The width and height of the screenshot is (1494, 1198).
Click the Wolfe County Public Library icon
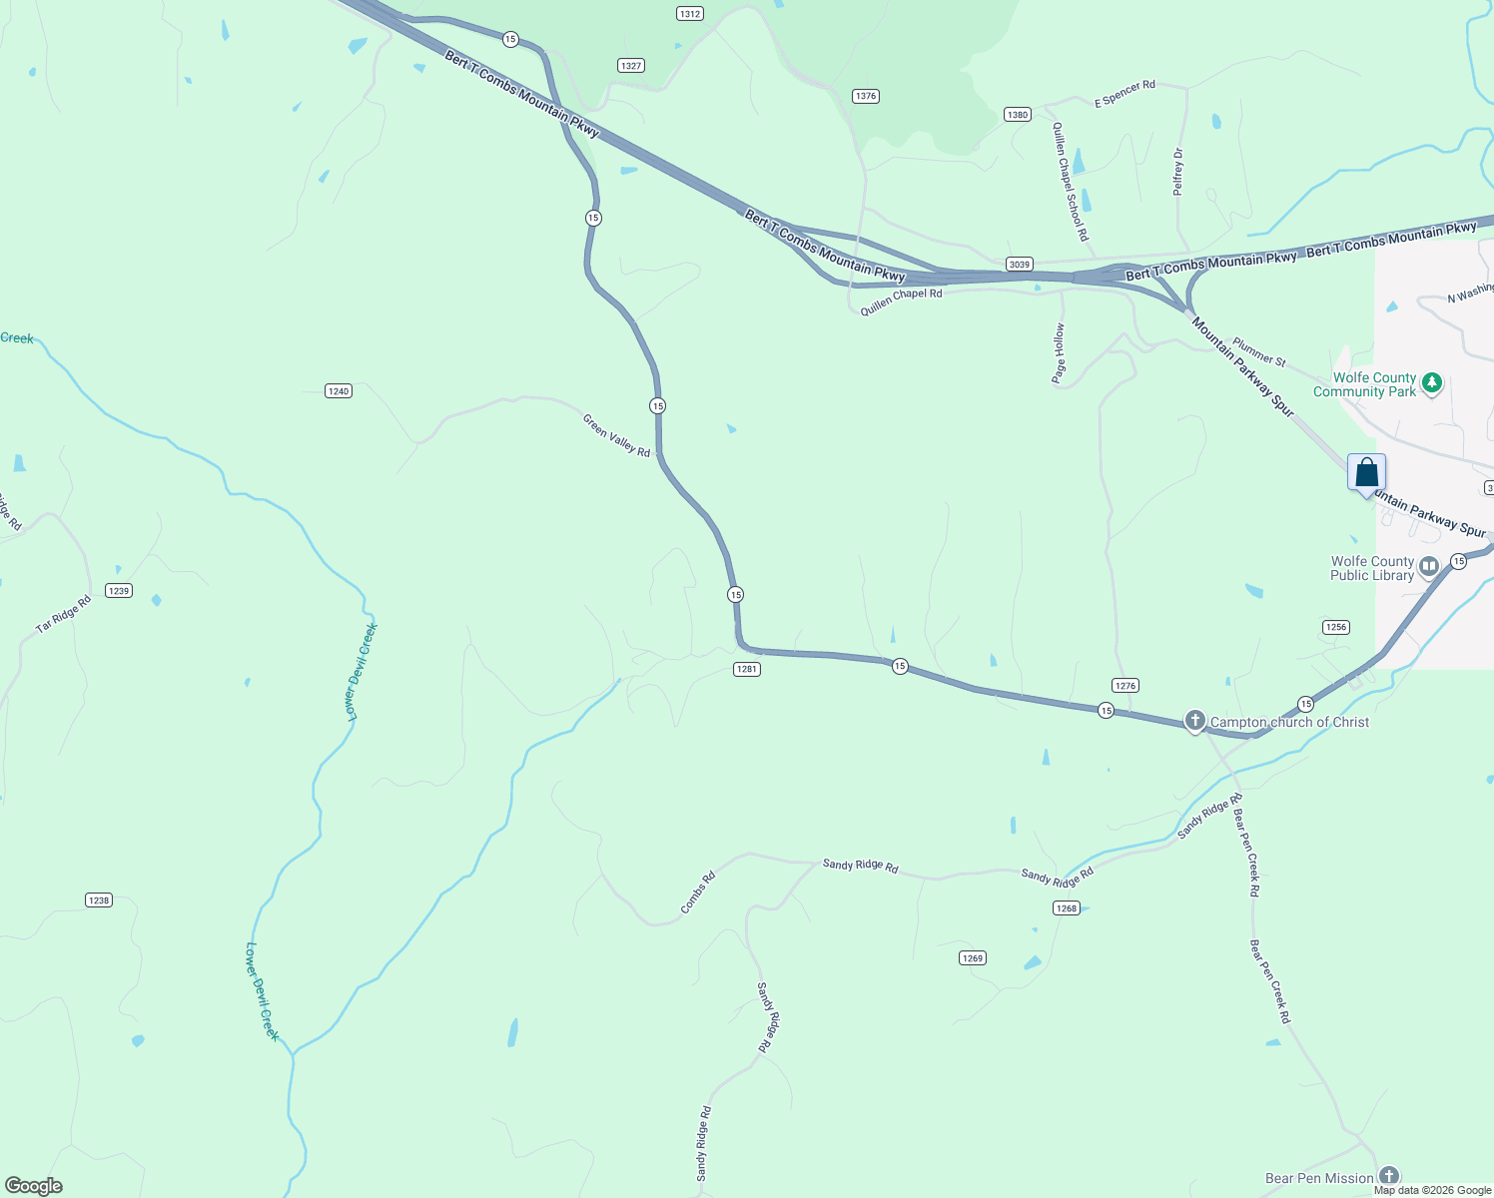(x=1429, y=567)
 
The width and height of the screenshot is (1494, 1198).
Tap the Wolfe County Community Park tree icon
(x=1431, y=383)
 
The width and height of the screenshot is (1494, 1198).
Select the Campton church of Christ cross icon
(x=1194, y=721)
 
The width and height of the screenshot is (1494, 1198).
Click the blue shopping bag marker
(x=1366, y=473)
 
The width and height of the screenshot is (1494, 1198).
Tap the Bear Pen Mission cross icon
(x=1388, y=1177)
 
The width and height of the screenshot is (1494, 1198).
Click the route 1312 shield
(x=689, y=14)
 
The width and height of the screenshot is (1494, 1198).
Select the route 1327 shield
(x=630, y=66)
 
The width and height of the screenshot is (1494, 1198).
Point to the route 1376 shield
(x=865, y=96)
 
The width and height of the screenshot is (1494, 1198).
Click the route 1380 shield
(x=1017, y=115)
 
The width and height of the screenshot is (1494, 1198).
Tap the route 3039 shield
(x=1019, y=265)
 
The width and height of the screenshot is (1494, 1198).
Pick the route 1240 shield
(x=339, y=391)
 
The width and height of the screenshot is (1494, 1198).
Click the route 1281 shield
(x=747, y=669)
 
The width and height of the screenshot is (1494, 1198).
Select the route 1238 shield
(x=98, y=900)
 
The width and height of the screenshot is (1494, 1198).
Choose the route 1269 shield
(x=972, y=958)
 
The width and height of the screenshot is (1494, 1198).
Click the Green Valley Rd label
(x=616, y=436)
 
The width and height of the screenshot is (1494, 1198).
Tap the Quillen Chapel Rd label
(x=901, y=301)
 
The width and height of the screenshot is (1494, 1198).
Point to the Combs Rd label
(x=698, y=893)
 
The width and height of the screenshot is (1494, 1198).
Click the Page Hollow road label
(x=1059, y=353)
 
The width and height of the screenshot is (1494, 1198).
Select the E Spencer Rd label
(x=1124, y=94)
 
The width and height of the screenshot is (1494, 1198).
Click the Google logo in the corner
(x=34, y=1186)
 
